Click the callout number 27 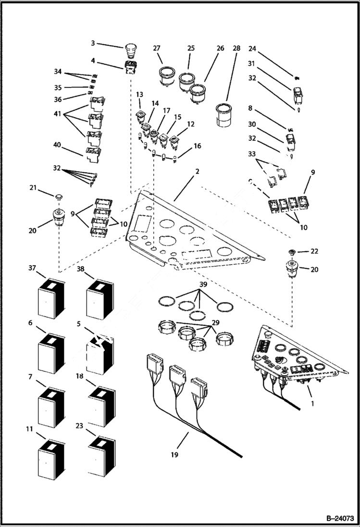(157, 49)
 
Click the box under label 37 (51, 298)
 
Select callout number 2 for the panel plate (197, 172)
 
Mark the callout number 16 (197, 146)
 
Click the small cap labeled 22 (291, 252)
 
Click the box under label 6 (51, 354)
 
